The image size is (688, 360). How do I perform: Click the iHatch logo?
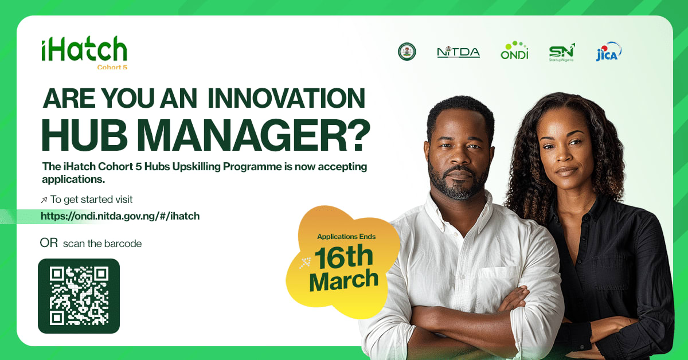[84, 50]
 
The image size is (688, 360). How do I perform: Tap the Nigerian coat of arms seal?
[407, 52]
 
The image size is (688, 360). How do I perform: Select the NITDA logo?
[458, 52]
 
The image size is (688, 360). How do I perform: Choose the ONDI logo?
[514, 51]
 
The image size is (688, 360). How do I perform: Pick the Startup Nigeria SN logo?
[561, 52]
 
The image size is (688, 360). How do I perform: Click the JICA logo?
[608, 52]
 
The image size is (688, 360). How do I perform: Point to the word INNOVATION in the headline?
[286, 99]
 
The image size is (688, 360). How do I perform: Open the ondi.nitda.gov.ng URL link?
[120, 216]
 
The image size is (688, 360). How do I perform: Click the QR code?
[79, 296]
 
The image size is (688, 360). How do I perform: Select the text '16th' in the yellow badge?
[343, 259]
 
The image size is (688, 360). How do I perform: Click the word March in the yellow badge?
[343, 280]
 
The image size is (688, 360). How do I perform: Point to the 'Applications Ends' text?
[346, 236]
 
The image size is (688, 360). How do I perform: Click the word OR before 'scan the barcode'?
[49, 243]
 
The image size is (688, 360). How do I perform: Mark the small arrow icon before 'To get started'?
[44, 200]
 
